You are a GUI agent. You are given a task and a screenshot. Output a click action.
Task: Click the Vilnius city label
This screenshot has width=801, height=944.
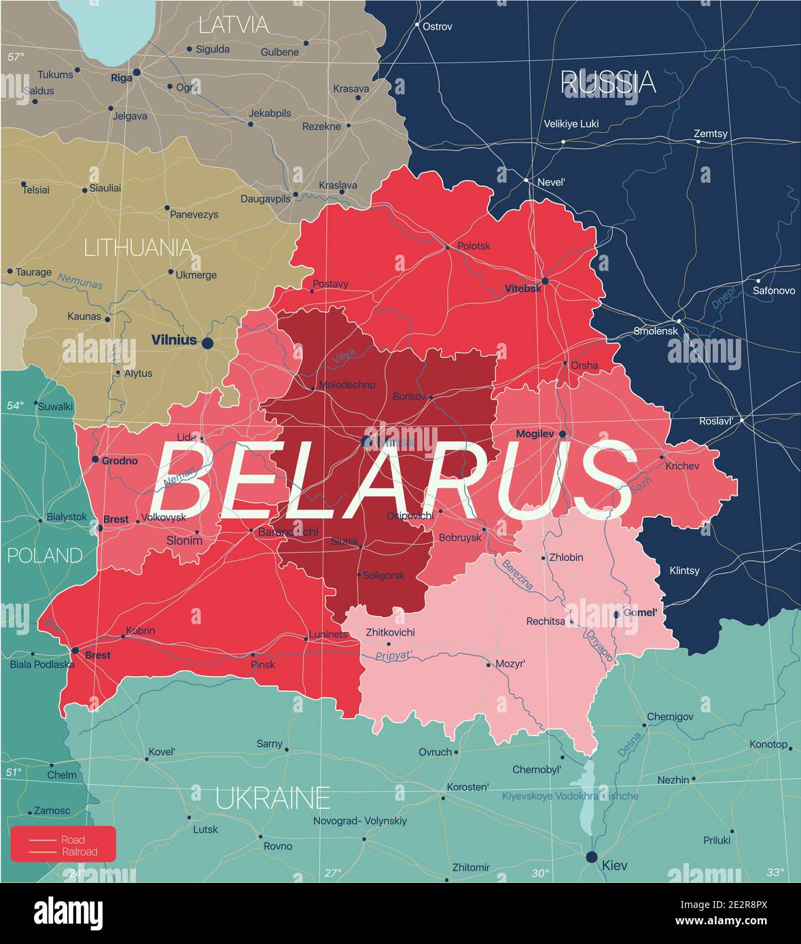tap(174, 340)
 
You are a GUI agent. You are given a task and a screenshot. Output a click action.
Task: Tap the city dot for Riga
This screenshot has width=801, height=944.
tap(137, 72)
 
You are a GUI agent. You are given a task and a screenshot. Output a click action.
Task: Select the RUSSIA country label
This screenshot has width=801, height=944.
tap(608, 82)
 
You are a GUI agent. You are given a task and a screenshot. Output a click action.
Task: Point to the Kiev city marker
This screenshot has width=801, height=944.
tap(592, 856)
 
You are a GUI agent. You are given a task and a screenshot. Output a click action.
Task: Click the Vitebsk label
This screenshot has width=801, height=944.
tap(523, 289)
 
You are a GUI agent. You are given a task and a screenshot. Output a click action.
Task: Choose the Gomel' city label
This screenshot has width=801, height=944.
tap(640, 613)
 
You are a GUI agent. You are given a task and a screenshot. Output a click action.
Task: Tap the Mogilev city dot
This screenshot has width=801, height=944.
tap(563, 433)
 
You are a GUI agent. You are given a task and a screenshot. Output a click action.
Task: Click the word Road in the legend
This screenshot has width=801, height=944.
tap(73, 839)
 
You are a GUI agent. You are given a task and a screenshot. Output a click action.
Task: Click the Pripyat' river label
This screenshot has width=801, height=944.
tap(395, 656)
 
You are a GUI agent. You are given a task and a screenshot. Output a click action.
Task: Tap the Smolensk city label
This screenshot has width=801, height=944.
tap(656, 331)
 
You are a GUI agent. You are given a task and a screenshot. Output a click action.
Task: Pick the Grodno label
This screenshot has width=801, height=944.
tap(120, 460)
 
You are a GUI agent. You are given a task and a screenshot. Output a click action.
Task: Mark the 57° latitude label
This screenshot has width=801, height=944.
tap(16, 57)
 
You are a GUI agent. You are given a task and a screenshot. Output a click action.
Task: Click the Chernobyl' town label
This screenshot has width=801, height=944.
tap(537, 769)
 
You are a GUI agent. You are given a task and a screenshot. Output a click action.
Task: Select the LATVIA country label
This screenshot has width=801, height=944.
tap(233, 25)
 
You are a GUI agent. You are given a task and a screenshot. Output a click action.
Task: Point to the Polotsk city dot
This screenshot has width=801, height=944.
tap(447, 247)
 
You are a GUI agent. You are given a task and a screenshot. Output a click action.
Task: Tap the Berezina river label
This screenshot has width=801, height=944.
tap(517, 574)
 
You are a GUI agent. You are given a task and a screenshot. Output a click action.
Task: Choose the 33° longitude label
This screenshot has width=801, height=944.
tap(775, 872)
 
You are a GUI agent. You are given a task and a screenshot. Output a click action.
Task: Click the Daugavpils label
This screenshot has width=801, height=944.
tap(266, 199)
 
